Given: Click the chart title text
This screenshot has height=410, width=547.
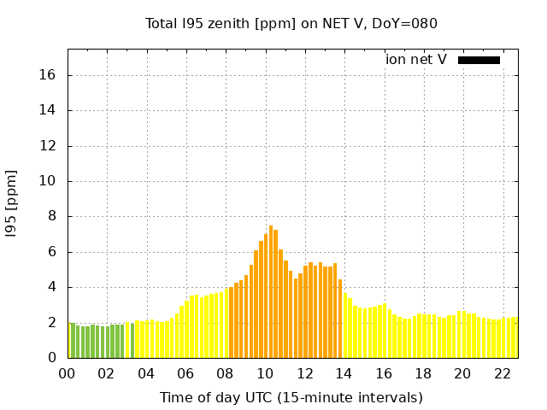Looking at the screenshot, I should (291, 24).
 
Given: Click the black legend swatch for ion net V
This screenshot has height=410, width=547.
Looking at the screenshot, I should (479, 60).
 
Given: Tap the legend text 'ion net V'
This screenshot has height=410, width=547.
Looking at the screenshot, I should (416, 60).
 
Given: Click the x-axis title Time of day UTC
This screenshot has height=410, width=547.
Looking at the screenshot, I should (291, 397).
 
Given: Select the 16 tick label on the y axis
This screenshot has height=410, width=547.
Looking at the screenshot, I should (49, 75).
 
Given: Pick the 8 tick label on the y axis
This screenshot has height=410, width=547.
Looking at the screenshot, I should (52, 216).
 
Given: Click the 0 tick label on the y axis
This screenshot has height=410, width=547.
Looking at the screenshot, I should (52, 358).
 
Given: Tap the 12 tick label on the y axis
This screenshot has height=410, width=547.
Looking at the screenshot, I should (49, 146).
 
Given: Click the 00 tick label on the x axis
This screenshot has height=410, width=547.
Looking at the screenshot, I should (68, 373).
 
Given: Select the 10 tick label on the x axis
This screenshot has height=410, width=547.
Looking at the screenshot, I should (265, 373).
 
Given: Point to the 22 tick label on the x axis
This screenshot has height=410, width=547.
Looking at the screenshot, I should (502, 373).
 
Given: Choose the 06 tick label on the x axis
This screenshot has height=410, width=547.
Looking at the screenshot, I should (186, 373).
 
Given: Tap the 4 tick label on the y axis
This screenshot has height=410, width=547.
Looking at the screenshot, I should (52, 287).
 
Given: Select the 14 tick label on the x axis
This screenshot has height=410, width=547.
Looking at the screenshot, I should (344, 373).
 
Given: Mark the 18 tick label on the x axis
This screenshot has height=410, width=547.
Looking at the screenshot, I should (423, 373).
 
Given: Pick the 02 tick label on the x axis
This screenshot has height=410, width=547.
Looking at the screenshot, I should (107, 373).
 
